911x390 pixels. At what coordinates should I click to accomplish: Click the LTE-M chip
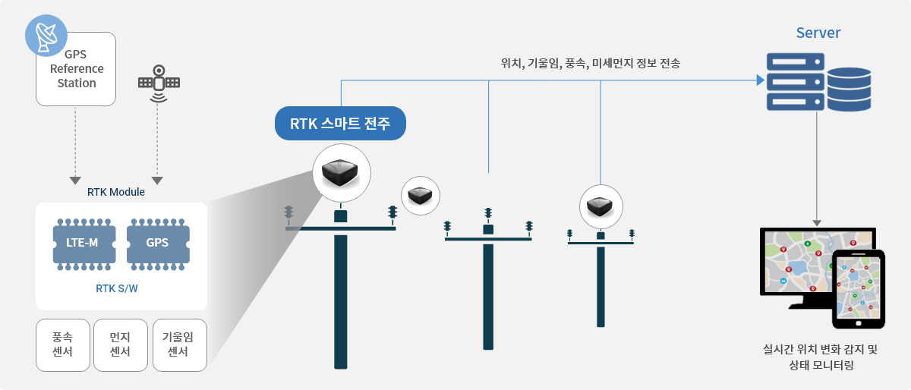point(84,244)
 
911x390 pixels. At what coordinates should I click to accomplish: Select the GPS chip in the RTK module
point(158,244)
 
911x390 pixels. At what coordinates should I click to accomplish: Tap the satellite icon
point(159,83)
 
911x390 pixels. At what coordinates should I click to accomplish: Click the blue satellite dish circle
point(46,36)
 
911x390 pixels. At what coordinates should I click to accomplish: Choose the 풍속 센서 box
point(62,345)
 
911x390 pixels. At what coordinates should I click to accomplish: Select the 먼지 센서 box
point(121,345)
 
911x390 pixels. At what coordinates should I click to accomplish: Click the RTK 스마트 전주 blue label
point(340,123)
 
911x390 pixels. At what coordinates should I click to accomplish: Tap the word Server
point(818,33)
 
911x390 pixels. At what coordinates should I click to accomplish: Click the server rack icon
point(796,82)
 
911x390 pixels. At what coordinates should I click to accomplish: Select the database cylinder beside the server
point(850,90)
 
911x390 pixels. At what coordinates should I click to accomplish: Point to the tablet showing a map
point(859,289)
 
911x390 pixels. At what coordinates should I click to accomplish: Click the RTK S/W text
point(117,288)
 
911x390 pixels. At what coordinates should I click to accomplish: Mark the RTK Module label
point(116,192)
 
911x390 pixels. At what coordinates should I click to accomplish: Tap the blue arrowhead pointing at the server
point(761,80)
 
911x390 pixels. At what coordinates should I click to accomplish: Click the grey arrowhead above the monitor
point(817,223)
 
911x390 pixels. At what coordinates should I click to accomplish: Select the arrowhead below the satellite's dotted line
point(157,180)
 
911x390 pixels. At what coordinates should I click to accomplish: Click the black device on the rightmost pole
point(601,206)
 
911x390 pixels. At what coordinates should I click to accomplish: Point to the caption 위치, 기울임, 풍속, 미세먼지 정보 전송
point(590,64)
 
